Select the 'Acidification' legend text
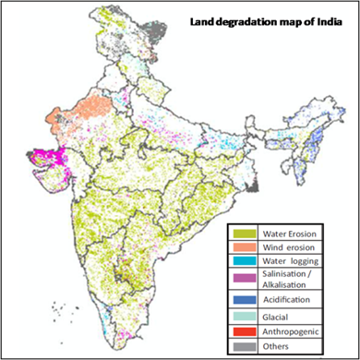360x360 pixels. [290, 300]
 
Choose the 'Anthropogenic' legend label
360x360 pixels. [294, 332]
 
